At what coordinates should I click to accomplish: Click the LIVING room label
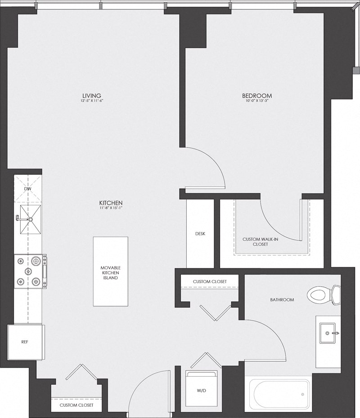[91, 95]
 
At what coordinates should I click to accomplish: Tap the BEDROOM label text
[257, 95]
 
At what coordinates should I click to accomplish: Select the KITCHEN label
[112, 203]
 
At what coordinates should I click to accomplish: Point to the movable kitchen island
[109, 271]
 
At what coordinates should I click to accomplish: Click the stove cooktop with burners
[29, 271]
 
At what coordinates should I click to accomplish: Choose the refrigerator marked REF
[25, 342]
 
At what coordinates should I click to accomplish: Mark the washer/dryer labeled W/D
[201, 391]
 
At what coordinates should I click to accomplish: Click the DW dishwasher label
[27, 189]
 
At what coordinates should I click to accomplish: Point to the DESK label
[200, 234]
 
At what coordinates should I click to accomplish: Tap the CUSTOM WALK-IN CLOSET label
[261, 242]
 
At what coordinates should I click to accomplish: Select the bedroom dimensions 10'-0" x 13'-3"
[257, 101]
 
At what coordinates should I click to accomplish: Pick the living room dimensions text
[91, 101]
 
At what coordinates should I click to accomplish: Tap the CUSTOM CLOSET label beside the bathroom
[209, 281]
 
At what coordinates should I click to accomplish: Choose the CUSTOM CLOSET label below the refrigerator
[76, 405]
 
